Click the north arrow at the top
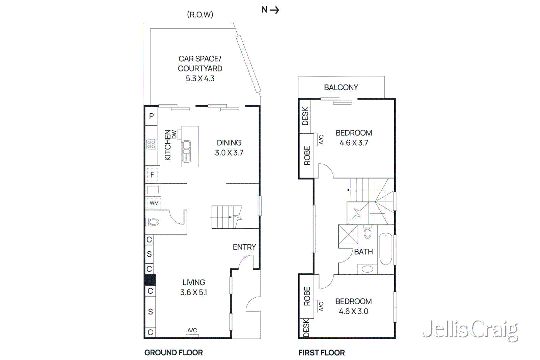[270, 10]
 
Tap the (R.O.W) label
[200, 15]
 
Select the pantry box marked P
[151, 116]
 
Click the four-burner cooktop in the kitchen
[151, 145]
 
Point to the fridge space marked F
[152, 175]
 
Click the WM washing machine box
[154, 203]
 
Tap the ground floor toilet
[153, 222]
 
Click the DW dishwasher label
[174, 134]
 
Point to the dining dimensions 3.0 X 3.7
[229, 153]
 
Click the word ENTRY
[244, 247]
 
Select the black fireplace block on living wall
[150, 280]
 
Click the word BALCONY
[341, 88]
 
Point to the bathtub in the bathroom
[386, 249]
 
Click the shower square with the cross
[348, 234]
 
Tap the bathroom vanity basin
[367, 269]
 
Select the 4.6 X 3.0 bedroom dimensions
[353, 311]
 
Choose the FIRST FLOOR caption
[321, 353]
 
